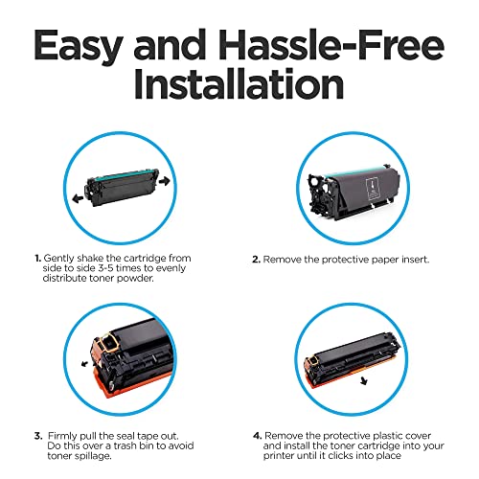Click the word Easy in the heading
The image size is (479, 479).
point(78,47)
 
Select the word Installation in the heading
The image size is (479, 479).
point(239,83)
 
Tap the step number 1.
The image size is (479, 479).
point(38,258)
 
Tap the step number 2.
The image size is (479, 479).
point(257,260)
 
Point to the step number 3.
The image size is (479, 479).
point(38,436)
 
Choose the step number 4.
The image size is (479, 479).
point(258,436)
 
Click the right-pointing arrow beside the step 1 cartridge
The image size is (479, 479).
point(164,181)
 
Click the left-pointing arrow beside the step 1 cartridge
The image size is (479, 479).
point(78,199)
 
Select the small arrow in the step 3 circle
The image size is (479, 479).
point(85,363)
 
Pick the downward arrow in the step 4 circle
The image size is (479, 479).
point(363,380)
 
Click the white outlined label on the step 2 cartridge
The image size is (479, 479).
point(374,190)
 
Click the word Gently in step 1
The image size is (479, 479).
point(59,259)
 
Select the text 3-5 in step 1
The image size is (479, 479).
point(105,268)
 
